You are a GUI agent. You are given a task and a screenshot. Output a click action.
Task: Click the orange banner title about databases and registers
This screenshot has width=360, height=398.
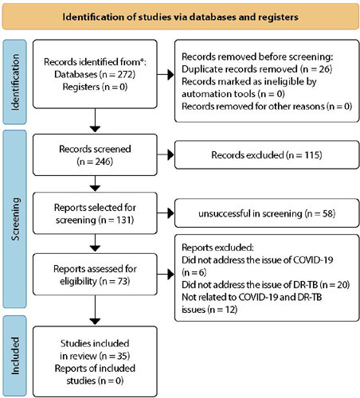[180, 17]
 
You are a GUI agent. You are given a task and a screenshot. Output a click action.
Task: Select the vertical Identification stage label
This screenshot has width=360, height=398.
[15, 82]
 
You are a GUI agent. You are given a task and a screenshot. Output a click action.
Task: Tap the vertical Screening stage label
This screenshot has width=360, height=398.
[15, 219]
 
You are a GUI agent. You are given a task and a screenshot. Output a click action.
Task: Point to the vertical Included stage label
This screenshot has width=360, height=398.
[15, 356]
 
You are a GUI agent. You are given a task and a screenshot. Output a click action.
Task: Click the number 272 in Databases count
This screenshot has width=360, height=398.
[124, 74]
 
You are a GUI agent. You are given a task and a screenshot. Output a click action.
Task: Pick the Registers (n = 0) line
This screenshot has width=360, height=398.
[95, 87]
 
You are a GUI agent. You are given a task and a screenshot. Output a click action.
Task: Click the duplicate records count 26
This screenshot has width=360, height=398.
[324, 69]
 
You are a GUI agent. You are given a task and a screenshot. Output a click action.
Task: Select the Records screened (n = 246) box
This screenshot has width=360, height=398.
[95, 154]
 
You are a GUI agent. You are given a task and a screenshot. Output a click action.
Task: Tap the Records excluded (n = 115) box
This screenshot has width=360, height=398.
[267, 155]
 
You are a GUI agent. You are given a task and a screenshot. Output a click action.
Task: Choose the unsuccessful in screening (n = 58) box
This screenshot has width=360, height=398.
[267, 213]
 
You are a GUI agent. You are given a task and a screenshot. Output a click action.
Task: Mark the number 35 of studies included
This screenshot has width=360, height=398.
[123, 356]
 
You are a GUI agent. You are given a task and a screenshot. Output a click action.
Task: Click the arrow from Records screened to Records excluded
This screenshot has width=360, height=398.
[166, 154]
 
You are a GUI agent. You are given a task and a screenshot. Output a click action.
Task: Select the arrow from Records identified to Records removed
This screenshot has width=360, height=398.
[166, 75]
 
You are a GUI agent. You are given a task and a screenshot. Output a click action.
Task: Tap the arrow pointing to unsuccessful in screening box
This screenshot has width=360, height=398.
[166, 213]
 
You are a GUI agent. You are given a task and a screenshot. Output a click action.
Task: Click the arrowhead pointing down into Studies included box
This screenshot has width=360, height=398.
[95, 322]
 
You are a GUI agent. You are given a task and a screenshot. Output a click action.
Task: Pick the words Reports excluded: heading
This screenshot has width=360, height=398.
[217, 248]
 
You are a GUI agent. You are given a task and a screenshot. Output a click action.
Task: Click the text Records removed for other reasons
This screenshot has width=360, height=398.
[253, 107]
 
